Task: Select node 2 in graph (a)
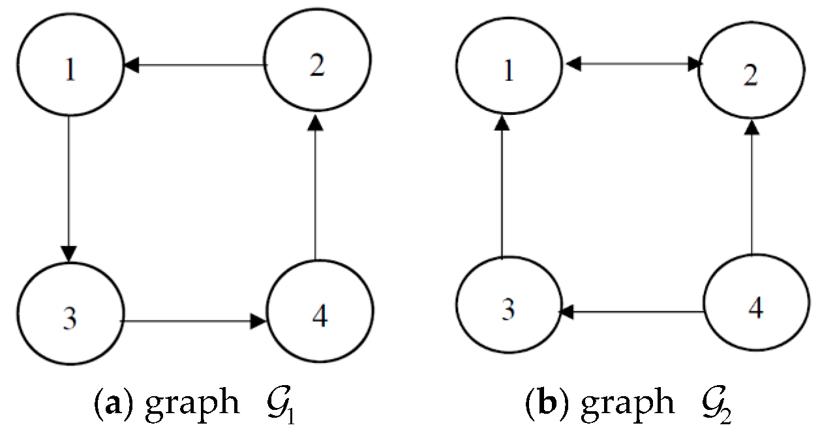tap(318, 65)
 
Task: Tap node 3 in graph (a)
tap(70, 318)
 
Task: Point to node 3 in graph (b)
tap(508, 308)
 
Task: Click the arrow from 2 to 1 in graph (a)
tap(196, 65)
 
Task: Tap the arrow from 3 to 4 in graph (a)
tap(194, 321)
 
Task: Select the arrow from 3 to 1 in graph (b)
tap(502, 189)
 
